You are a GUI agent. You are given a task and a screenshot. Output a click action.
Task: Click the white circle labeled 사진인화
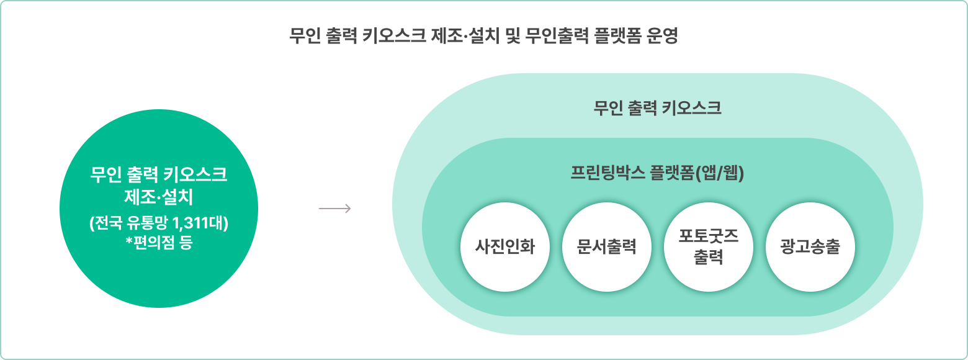point(504,247)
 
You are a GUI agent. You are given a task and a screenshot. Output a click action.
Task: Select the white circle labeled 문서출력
point(606,247)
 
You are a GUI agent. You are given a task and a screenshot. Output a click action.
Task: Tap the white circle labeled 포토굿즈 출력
point(708,247)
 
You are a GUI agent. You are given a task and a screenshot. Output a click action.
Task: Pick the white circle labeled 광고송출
point(810,247)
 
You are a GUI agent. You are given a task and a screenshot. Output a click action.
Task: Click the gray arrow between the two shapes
point(335,209)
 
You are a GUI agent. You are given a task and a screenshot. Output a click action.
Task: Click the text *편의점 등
point(159,242)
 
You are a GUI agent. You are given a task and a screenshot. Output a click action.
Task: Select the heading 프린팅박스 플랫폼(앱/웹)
point(657,173)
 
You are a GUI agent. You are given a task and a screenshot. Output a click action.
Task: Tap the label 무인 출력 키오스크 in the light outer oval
point(657,109)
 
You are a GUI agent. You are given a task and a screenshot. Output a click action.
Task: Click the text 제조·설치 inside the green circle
point(159,197)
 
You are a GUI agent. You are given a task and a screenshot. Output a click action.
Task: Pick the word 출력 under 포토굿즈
point(708,257)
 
